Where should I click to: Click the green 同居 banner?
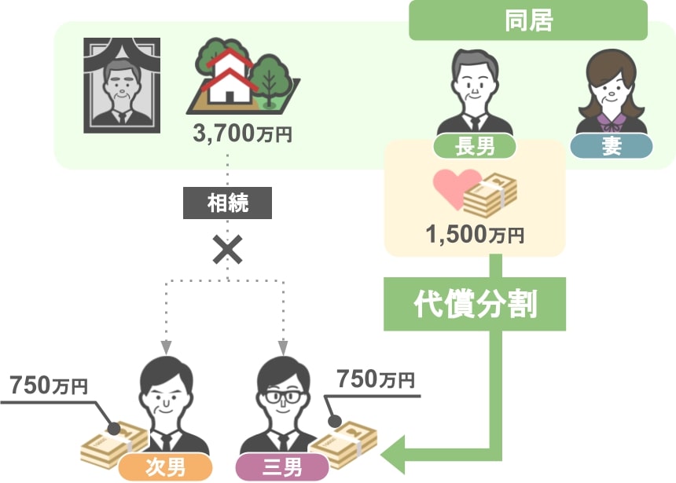pos(528,20)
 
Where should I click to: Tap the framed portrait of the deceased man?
pos(122,86)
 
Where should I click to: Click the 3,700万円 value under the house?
pos(243,134)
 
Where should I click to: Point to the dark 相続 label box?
pos(227,203)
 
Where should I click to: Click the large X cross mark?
pos(228,250)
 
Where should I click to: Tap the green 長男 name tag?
pos(475,145)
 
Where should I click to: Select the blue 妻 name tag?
pos(612,145)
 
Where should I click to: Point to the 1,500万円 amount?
pos(475,235)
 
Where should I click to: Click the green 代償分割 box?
pos(475,304)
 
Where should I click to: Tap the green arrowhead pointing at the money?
pos(393,455)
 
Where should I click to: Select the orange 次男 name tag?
pos(165,467)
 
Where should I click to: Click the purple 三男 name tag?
pos(282,467)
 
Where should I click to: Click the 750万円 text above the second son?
pos(49,385)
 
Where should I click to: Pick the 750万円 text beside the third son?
pos(376,379)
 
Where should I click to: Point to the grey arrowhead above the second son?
pos(166,347)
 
